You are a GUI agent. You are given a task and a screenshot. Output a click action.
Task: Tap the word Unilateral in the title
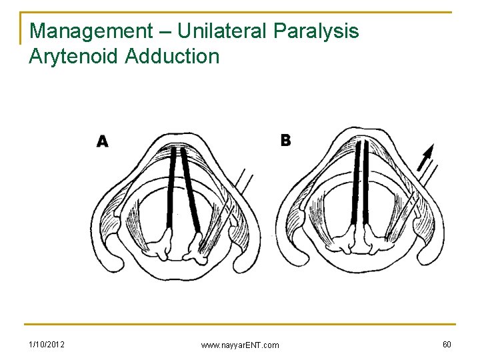(215, 31)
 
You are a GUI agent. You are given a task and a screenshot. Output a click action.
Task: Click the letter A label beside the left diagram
(103, 141)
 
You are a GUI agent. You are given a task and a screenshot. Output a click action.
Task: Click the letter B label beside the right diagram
(285, 140)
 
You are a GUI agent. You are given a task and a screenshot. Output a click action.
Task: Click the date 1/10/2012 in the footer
(47, 344)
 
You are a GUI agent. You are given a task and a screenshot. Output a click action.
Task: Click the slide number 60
(446, 344)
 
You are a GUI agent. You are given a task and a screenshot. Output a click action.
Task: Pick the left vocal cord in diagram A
(173, 187)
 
